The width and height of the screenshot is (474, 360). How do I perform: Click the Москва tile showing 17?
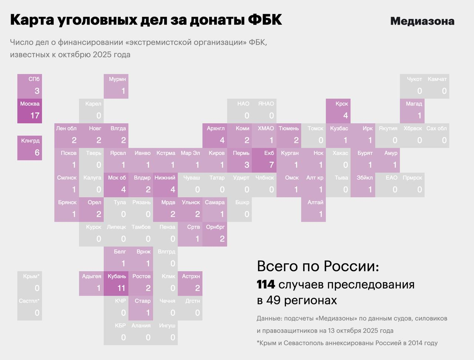(30, 111)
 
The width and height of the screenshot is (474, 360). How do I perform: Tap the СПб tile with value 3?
(30, 86)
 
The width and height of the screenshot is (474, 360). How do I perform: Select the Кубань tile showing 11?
(116, 283)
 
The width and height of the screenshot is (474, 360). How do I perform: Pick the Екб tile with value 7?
(264, 160)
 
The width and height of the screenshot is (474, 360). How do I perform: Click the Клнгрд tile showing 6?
(30, 148)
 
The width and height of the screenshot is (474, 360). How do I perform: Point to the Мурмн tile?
(116, 86)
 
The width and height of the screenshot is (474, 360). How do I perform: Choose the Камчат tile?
(437, 86)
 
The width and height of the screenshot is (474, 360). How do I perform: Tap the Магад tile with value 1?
(412, 111)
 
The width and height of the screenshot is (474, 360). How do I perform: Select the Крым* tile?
(30, 283)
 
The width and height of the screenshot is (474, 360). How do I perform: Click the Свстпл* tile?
(30, 308)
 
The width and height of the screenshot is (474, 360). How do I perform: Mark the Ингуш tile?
(166, 333)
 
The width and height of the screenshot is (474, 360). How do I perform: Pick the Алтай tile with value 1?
(314, 209)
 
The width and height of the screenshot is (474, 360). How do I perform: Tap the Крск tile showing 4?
(338, 111)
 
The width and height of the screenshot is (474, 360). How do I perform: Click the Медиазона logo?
(422, 21)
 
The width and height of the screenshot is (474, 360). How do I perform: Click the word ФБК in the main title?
(264, 20)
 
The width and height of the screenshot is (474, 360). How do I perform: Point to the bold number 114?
(266, 285)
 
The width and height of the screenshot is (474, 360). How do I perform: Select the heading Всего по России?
(318, 266)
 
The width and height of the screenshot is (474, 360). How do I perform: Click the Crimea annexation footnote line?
(347, 343)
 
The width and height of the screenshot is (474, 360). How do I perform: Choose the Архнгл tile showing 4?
(215, 135)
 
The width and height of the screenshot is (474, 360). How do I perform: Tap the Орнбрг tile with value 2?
(215, 234)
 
